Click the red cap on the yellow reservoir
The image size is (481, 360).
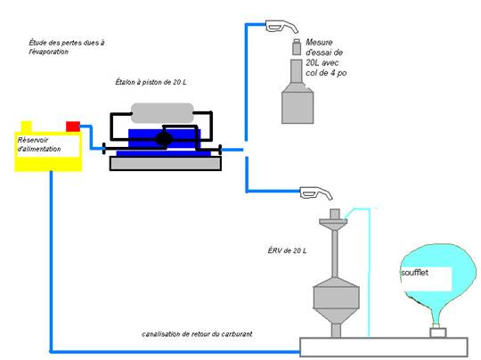(73, 127)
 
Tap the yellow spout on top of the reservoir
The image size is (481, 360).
(27, 127)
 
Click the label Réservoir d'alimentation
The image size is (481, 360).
(39, 144)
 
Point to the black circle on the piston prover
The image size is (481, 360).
(164, 139)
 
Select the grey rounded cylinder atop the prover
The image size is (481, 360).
(162, 113)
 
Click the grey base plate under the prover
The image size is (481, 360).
(166, 163)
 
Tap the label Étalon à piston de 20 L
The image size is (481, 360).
(151, 82)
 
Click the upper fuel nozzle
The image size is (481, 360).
(281, 27)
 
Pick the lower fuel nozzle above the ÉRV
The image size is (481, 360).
(316, 193)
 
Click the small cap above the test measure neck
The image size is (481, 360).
(297, 47)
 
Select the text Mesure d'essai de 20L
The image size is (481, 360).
(324, 53)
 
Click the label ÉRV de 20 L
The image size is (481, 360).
(287, 250)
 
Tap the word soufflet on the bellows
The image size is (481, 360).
(414, 273)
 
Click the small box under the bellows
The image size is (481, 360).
(438, 332)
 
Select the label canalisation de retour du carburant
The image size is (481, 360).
(197, 334)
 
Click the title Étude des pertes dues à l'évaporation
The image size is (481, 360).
(67, 47)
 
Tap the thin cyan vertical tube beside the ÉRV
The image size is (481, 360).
(369, 273)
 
